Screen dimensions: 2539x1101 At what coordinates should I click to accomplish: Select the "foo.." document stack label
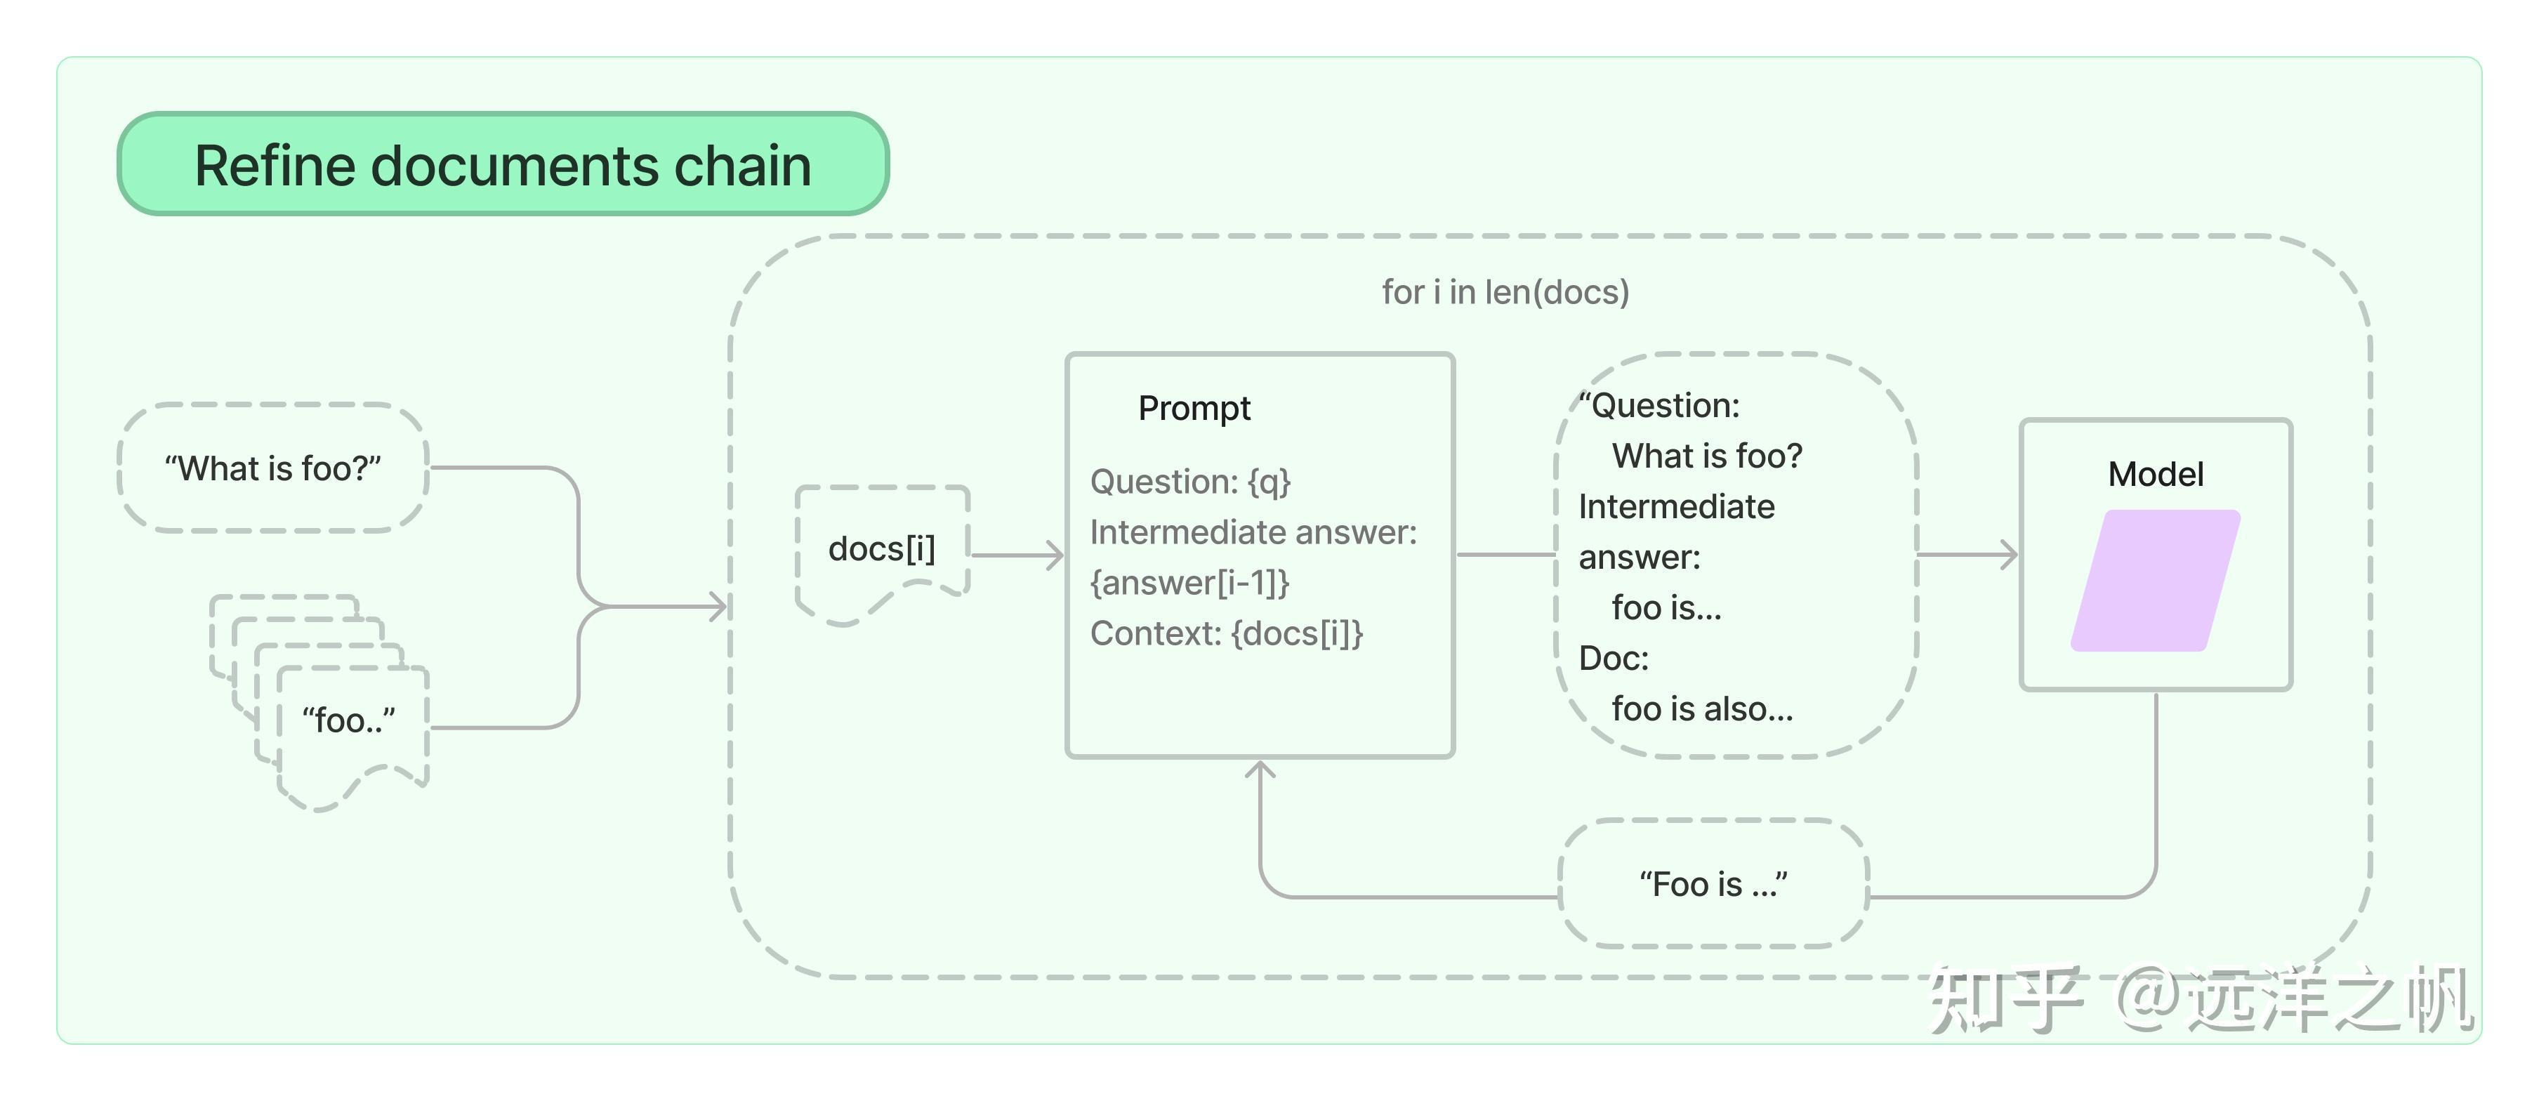click(349, 720)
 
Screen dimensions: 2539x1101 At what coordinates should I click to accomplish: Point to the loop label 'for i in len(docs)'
click(1505, 292)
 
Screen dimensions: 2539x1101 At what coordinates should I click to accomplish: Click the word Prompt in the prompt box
click(1194, 408)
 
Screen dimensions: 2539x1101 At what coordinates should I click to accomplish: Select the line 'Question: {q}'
click(1189, 482)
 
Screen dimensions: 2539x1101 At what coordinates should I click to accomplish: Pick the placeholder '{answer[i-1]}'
click(1189, 583)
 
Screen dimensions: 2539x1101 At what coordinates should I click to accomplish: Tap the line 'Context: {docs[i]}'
click(1226, 633)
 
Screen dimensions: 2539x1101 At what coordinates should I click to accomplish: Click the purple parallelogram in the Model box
click(2156, 581)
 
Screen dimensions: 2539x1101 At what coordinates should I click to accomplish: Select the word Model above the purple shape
click(2156, 474)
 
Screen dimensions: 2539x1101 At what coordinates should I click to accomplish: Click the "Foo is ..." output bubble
click(1713, 884)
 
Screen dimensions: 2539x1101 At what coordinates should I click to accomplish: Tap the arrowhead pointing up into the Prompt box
click(1260, 770)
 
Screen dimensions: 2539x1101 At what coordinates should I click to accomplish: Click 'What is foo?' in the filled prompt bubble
click(1707, 456)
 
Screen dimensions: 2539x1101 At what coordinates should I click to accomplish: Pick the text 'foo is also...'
click(1702, 708)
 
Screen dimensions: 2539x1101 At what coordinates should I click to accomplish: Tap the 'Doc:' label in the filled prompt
click(1614, 657)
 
